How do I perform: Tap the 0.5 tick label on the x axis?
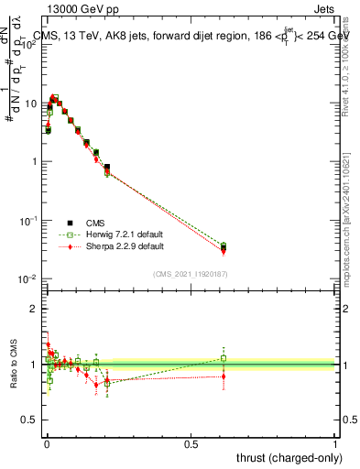(x=191, y=444)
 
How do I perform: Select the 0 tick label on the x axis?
(x=47, y=444)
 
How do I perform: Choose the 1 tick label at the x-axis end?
(x=335, y=444)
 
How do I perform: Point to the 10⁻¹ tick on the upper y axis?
(x=30, y=221)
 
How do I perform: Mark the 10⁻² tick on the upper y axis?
(x=30, y=278)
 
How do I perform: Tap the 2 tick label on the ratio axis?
(x=35, y=309)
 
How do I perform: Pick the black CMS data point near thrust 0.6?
(x=224, y=247)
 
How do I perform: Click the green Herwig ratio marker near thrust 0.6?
(x=224, y=358)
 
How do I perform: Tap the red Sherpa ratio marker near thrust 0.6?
(x=224, y=376)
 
